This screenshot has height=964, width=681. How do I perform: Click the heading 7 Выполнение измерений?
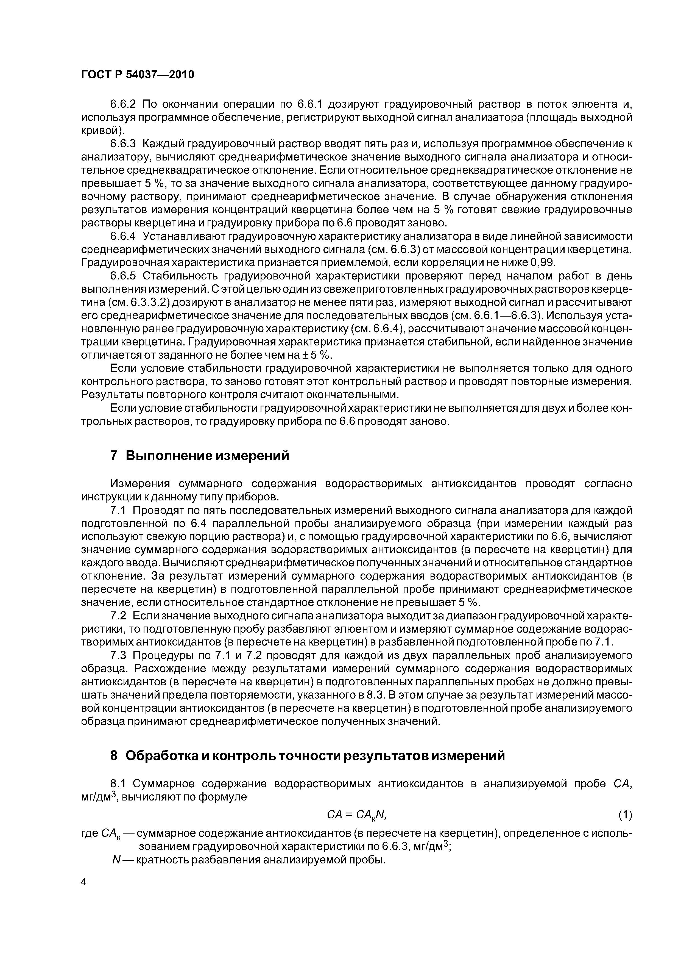[x=200, y=456]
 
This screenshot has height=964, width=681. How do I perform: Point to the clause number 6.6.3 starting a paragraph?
[x=123, y=144]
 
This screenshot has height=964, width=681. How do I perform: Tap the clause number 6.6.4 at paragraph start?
[x=123, y=236]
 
